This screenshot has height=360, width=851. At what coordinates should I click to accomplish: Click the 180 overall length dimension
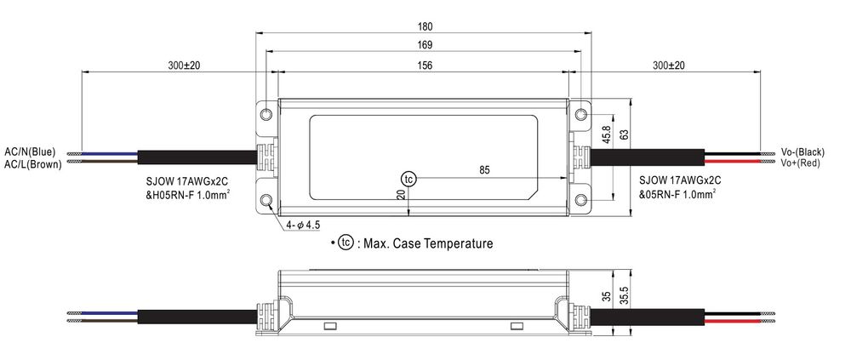tap(425, 26)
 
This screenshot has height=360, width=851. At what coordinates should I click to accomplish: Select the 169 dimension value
tap(425, 46)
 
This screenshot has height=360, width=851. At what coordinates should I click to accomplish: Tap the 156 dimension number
tap(425, 66)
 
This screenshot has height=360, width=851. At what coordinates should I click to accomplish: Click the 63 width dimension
tap(624, 135)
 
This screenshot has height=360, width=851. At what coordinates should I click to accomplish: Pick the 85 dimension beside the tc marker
tap(485, 170)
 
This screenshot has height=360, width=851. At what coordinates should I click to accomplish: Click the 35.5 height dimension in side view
tap(624, 296)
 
